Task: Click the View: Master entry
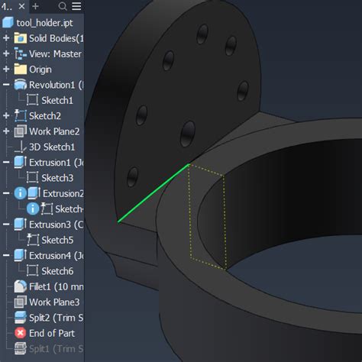pos(55,54)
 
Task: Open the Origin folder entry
pos(40,69)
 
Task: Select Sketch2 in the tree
pos(44,116)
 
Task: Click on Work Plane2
pos(54,131)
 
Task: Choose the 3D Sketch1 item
pos(52,147)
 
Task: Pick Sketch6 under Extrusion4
pos(57,270)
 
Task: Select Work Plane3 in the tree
pos(54,302)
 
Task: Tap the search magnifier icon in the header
pos(63,6)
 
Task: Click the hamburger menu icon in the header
pos(76,6)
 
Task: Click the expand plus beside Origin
pos(6,69)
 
